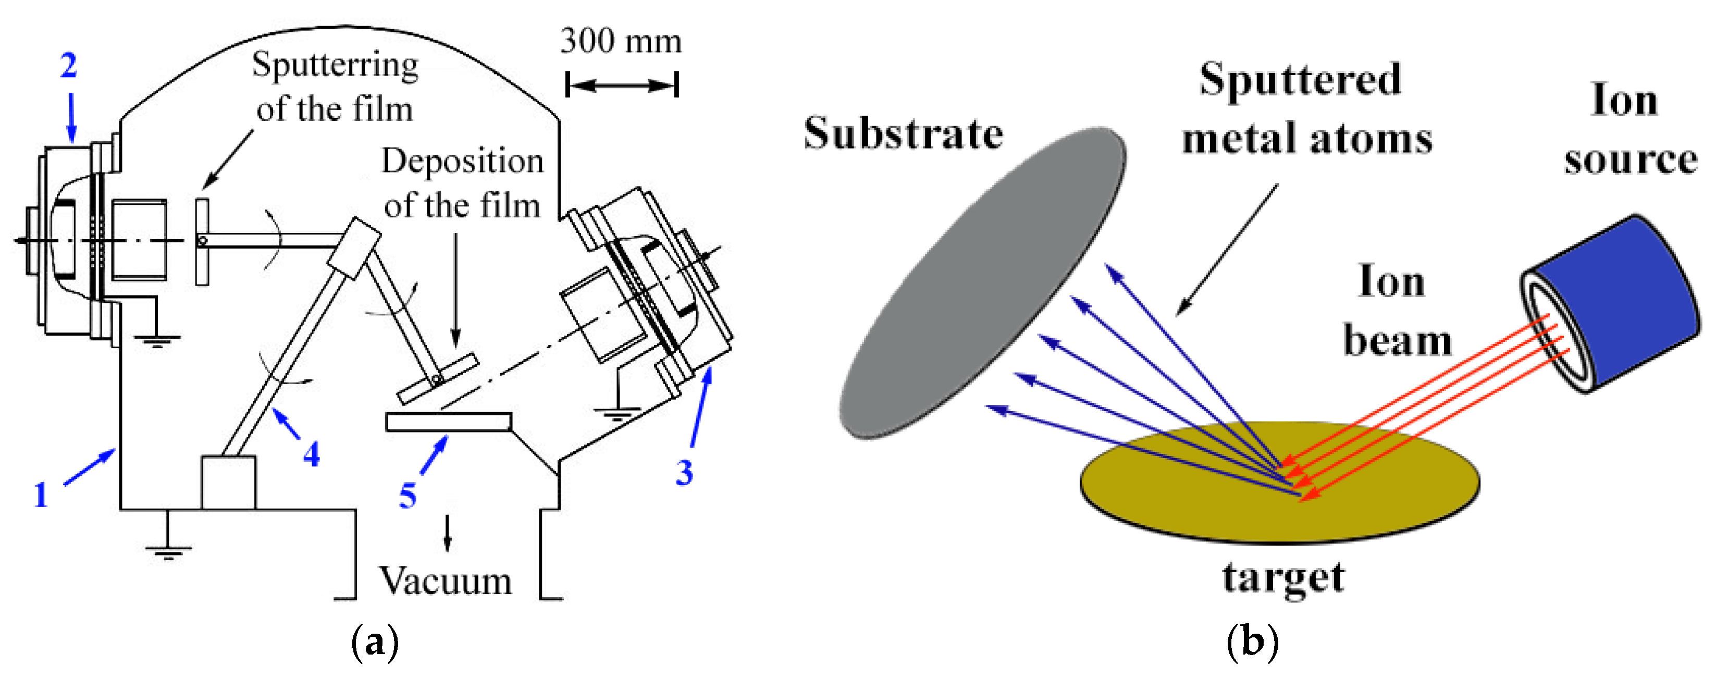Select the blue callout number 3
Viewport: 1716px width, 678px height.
[684, 472]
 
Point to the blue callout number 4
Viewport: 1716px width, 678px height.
[311, 455]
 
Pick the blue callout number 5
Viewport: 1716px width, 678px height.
[407, 496]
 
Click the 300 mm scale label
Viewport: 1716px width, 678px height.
[620, 41]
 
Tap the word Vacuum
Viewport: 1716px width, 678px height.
[446, 582]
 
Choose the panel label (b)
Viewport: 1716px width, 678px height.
[1252, 642]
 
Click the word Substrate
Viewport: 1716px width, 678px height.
[903, 133]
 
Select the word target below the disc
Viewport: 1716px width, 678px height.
[1282, 577]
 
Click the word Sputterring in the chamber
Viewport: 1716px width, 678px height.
[335, 65]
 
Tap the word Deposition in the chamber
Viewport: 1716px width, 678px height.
[462, 161]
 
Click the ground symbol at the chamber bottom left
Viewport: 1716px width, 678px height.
[167, 549]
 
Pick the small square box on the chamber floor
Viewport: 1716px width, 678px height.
[228, 482]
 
